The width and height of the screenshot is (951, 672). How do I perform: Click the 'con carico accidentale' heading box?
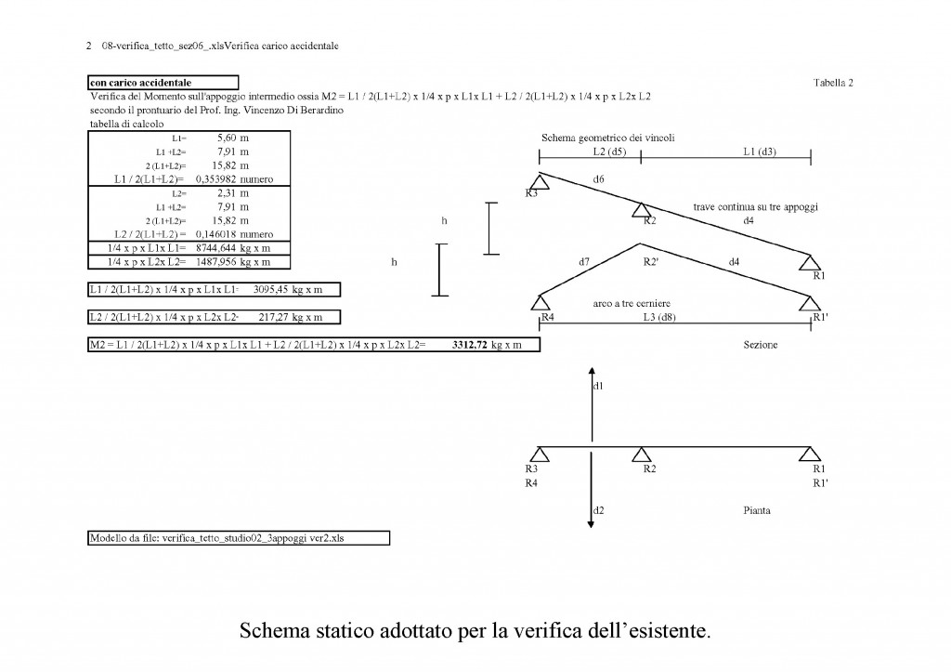[163, 83]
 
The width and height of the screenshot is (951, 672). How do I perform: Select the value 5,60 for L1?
[227, 138]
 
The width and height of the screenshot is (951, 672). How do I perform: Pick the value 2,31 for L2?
[227, 193]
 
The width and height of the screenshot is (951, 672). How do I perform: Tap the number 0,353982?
[215, 179]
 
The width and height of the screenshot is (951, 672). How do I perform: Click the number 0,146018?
[215, 234]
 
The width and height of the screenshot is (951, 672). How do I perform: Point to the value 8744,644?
[215, 248]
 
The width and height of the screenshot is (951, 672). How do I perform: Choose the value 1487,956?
[215, 262]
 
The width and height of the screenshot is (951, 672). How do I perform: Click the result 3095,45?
[270, 290]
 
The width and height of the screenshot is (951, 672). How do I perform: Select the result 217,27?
[274, 317]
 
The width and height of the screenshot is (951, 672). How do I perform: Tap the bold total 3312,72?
[469, 345]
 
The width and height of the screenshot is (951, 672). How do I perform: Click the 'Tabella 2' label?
[833, 83]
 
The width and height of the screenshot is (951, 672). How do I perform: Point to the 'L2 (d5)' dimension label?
[609, 152]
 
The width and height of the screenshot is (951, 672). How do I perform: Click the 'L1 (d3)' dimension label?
[760, 152]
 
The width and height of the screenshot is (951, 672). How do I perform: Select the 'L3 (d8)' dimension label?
[659, 317]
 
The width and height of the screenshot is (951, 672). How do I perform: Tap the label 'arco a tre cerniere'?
[632, 304]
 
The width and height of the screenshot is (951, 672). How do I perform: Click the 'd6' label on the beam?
[599, 179]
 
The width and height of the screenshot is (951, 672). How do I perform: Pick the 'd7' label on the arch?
[584, 261]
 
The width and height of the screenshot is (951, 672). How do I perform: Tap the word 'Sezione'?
[761, 345]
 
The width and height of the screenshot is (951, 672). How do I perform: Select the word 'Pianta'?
[757, 510]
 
